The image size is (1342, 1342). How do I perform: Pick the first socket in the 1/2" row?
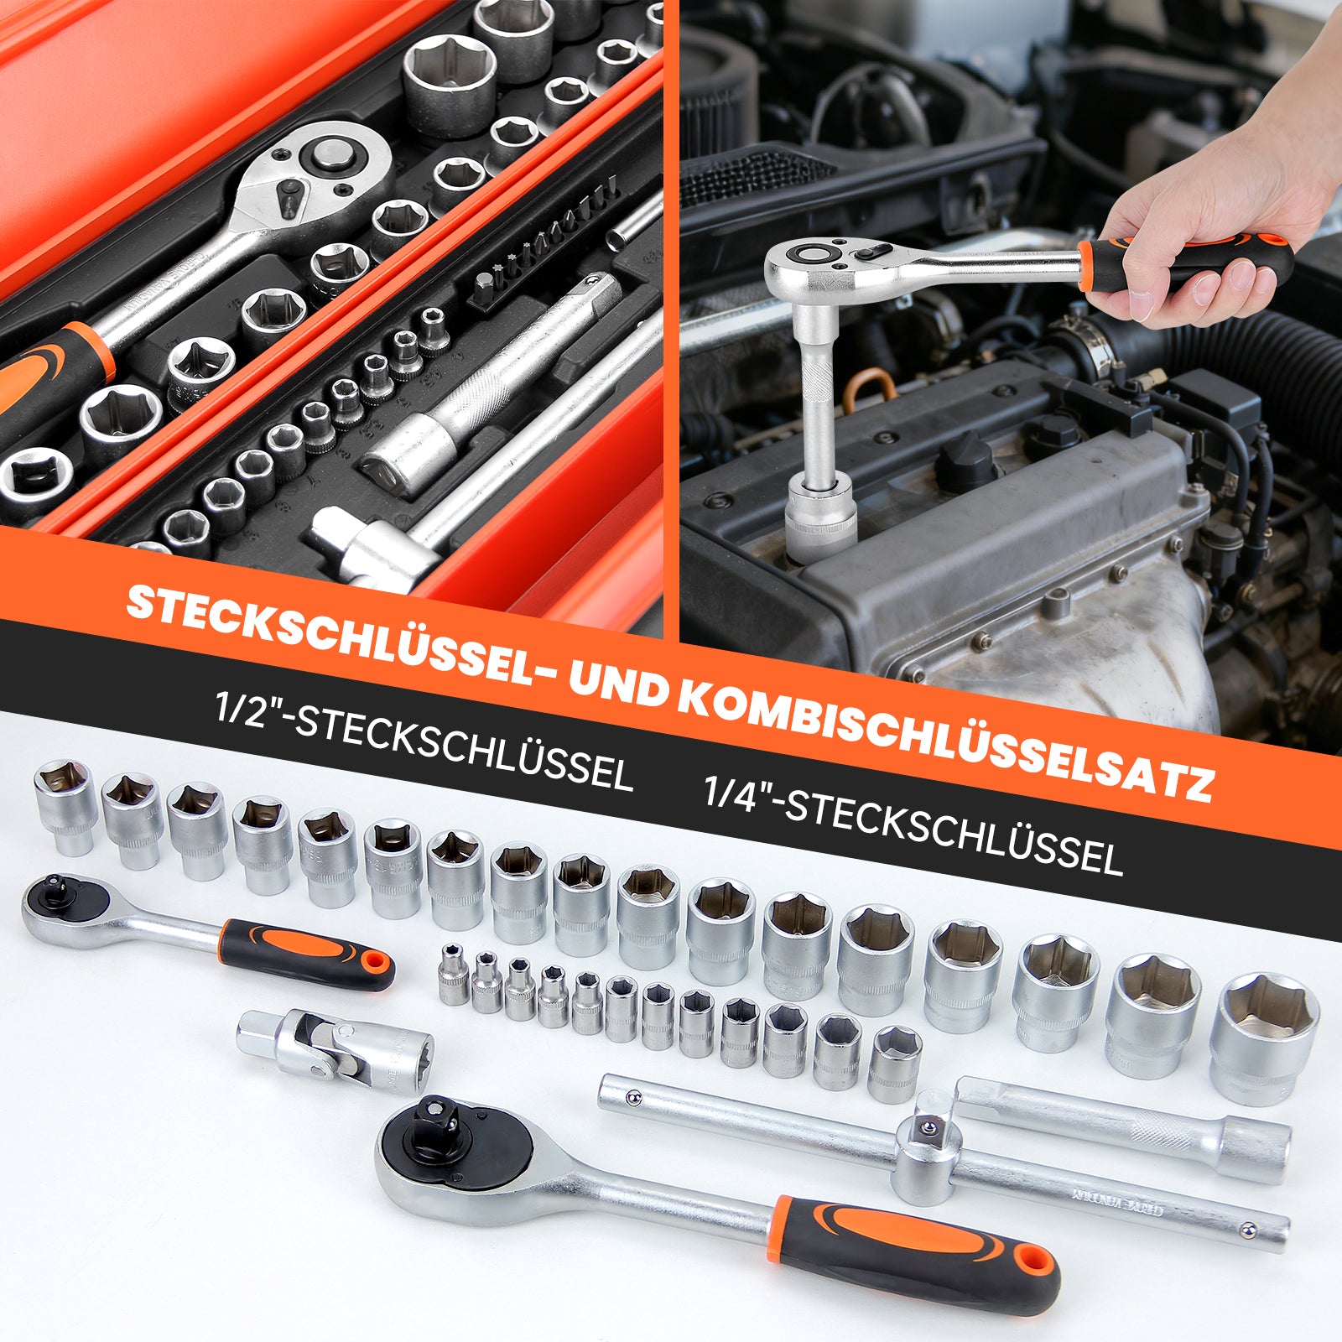pyautogui.click(x=64, y=805)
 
